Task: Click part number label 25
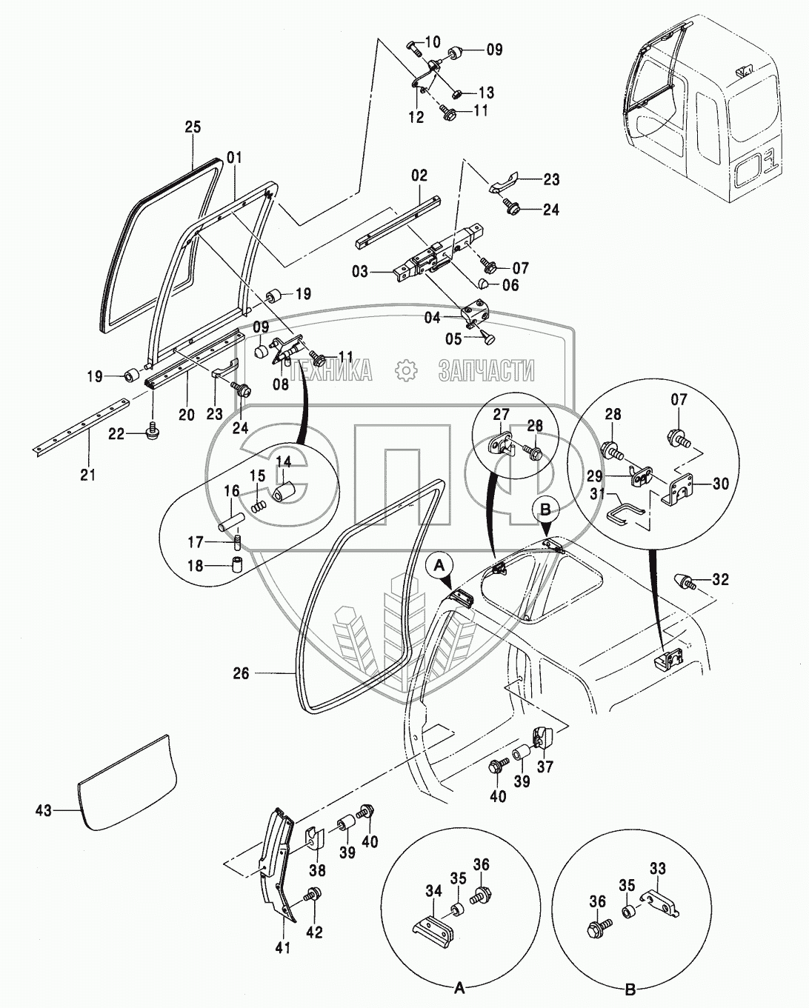(x=193, y=127)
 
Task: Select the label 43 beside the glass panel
(x=44, y=811)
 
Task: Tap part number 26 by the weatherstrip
(x=242, y=673)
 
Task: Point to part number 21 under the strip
(x=88, y=474)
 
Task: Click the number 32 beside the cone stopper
(x=720, y=579)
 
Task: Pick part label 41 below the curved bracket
(x=283, y=947)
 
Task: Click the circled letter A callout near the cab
(x=440, y=565)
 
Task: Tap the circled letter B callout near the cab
(x=545, y=509)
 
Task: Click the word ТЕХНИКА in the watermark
(x=331, y=370)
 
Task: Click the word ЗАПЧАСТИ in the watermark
(x=486, y=370)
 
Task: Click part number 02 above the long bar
(x=419, y=176)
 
